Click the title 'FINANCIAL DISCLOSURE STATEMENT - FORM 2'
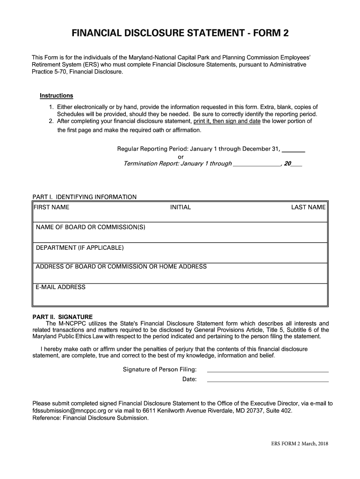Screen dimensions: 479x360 click(180, 34)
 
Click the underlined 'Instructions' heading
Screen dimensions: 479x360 click(56, 96)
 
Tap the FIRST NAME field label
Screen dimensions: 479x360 click(51, 207)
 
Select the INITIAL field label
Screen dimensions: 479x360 click(180, 207)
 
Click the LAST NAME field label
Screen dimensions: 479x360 click(308, 207)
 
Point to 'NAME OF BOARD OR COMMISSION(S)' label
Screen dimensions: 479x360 click(91, 227)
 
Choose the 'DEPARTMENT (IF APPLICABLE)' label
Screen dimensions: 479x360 click(80, 247)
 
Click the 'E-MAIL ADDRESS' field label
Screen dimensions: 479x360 click(61, 287)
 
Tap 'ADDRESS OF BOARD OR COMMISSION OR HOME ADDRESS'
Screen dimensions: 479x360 click(121, 267)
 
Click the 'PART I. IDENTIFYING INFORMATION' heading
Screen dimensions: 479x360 click(84, 197)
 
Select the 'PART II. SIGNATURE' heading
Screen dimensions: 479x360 click(62, 317)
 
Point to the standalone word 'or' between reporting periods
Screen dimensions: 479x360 click(181, 157)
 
